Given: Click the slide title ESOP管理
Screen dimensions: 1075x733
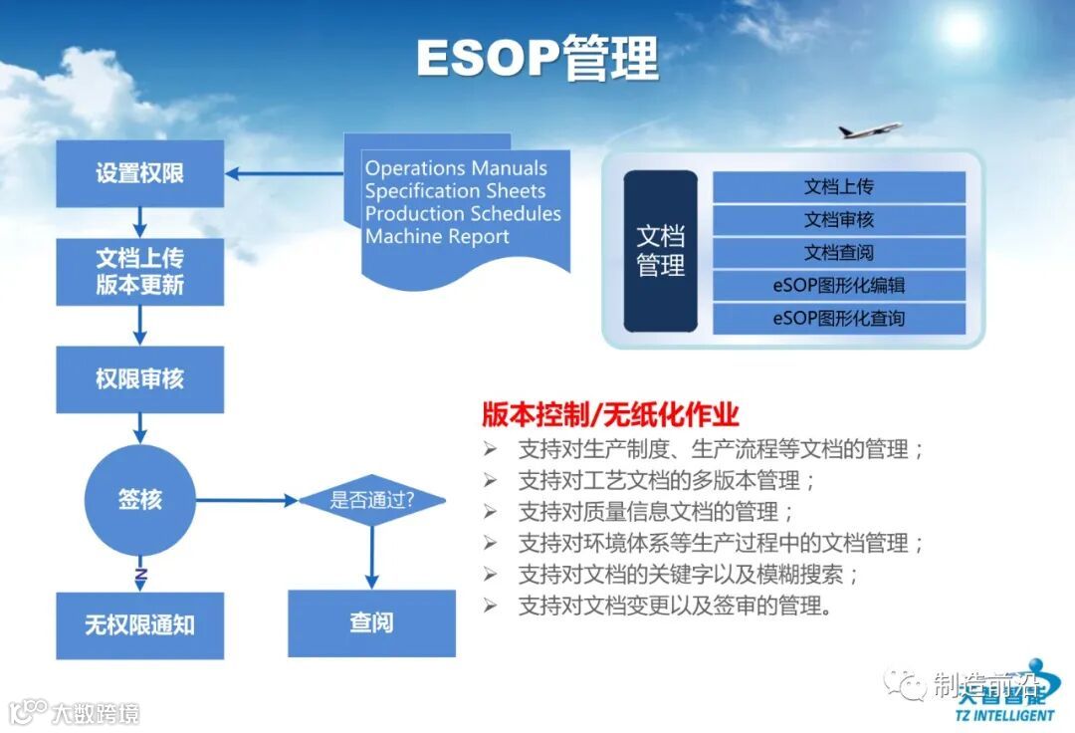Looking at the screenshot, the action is (537, 58).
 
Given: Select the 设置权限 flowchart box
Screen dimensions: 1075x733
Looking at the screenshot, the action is (139, 173).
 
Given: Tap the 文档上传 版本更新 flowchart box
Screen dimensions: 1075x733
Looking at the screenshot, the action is (139, 271).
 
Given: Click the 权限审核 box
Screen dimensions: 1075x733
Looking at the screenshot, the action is (139, 379).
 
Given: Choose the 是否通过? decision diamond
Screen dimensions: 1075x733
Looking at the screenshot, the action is (372, 500).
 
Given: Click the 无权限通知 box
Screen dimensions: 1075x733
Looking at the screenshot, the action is (139, 625).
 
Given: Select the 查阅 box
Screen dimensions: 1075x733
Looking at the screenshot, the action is (371, 623).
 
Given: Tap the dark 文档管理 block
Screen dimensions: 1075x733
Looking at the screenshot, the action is (660, 251).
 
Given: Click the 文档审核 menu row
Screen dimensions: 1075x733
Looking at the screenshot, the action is (839, 220).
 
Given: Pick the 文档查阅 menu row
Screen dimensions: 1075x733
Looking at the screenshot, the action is (839, 253).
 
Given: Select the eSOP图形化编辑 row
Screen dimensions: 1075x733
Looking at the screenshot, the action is (839, 286).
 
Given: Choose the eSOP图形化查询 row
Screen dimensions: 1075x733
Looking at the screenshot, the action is (839, 319).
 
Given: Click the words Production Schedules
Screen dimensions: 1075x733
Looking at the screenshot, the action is (463, 214).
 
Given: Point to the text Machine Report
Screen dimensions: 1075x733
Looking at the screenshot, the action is (437, 237).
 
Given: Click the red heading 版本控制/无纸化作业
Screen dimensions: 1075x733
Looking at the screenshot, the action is (610, 414).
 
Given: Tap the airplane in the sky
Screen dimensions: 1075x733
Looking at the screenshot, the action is (869, 130).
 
